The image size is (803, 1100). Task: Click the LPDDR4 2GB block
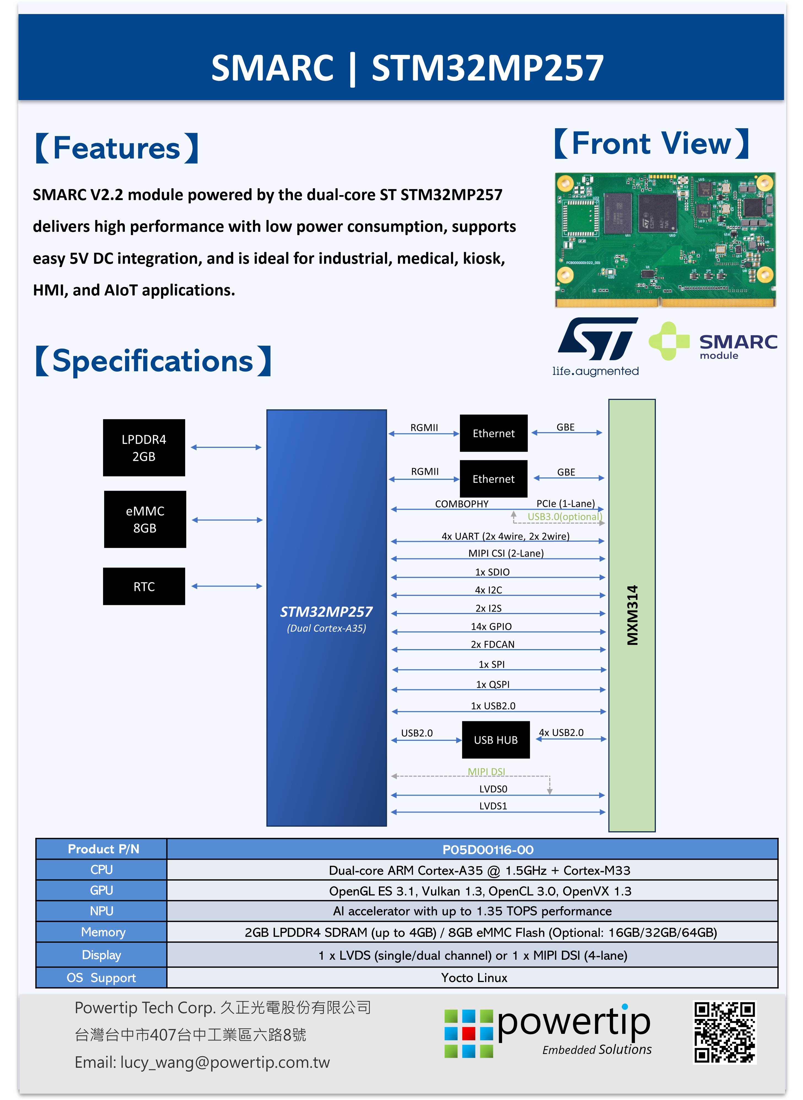tap(144, 448)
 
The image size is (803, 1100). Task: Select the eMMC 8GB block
tap(145, 519)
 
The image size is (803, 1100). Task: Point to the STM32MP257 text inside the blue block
tap(326, 612)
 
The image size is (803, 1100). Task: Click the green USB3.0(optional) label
tap(564, 517)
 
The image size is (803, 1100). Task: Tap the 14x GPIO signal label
tap(491, 626)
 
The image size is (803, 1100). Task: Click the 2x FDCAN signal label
tap(492, 645)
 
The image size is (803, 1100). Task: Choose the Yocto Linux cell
tap(474, 978)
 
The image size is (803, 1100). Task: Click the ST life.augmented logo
tap(596, 346)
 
